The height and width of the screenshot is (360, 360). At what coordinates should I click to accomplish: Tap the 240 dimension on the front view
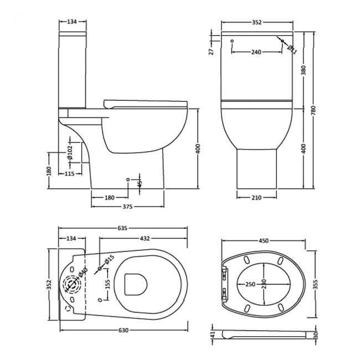click(255, 52)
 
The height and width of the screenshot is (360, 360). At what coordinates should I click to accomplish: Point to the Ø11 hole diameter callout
click(292, 50)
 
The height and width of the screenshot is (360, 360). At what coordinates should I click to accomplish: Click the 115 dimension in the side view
click(69, 174)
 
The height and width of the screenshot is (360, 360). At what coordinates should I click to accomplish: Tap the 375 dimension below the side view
click(127, 207)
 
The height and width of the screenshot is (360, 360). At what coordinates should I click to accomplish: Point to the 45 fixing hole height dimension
click(140, 182)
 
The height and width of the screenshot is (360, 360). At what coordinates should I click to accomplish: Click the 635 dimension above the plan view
click(123, 228)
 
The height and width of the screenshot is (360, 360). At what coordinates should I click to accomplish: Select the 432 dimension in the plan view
click(145, 239)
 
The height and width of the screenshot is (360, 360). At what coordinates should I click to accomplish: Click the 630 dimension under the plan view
click(123, 330)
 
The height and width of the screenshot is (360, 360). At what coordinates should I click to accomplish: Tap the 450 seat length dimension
click(263, 240)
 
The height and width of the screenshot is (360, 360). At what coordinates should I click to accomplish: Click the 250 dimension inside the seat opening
click(250, 284)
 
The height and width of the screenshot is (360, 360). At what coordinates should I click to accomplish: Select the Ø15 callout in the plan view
click(109, 260)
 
